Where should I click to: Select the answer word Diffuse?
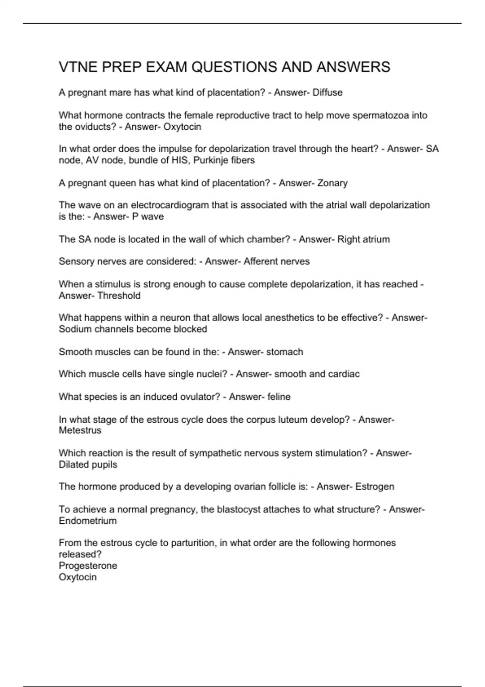coord(327,93)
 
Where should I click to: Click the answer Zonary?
coord(332,183)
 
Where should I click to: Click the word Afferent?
coord(262,261)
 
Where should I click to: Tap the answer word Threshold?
coord(119,296)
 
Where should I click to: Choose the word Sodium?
coord(75,329)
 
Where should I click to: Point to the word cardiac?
coord(344,374)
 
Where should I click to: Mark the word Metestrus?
coord(80,430)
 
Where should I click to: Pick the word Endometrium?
coord(88,521)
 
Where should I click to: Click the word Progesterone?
coord(88,566)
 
